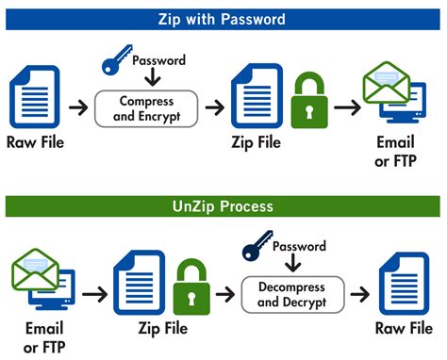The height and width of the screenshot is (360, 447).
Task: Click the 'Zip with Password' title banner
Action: pos(223,19)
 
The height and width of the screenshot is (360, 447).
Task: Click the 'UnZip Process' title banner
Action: pos(223,205)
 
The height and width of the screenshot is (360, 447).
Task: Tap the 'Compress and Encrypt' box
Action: pos(146,108)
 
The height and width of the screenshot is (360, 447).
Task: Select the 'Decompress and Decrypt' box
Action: pos(287,295)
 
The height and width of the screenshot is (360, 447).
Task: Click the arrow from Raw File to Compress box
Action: pos(79,108)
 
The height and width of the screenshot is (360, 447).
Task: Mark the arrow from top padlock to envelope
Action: pos(346,108)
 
